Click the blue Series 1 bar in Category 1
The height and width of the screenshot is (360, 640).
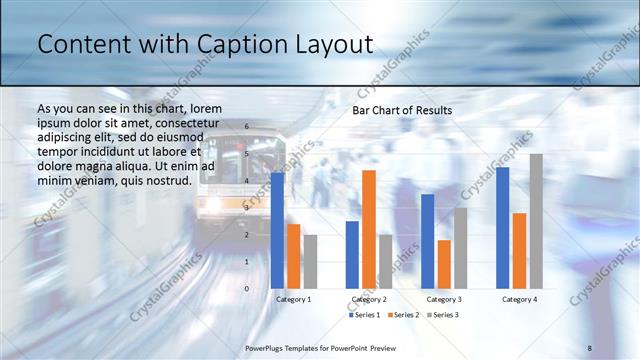coord(277,231)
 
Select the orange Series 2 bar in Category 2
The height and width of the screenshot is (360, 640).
coord(369,230)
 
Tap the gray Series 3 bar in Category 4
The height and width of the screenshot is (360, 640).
coord(536,221)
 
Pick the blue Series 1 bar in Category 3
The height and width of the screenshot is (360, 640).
coord(427,241)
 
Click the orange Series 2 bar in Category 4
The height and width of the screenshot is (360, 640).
coord(519,251)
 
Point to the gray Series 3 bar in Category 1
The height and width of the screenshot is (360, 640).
coord(311,262)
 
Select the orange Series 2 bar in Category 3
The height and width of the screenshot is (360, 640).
coord(444,264)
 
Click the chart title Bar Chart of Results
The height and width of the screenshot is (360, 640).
coord(402,110)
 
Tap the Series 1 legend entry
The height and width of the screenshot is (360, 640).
coord(366,315)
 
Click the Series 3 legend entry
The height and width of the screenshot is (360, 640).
coord(444,315)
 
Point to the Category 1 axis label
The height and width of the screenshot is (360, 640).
coord(294,299)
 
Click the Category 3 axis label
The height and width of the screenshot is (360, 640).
coord(444,299)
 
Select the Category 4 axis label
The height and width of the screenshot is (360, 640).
coord(519,299)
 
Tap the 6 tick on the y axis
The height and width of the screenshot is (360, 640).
coord(247,127)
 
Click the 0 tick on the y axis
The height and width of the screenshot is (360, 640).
coord(247,289)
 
